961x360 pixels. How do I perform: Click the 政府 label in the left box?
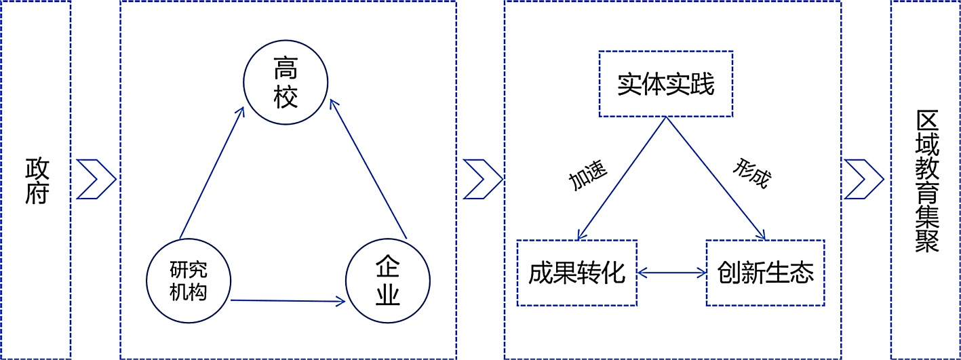37,180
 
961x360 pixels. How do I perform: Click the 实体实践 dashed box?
665,84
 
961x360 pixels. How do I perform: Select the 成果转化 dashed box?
576,273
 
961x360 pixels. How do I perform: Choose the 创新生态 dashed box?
765,273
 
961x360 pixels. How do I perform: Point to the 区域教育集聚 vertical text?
926,180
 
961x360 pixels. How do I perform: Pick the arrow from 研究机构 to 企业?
288,301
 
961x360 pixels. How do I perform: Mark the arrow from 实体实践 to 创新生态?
715,178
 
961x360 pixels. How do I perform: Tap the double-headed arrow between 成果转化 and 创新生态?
671,273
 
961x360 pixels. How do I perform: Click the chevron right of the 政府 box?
96,180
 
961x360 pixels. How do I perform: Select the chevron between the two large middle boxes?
482,180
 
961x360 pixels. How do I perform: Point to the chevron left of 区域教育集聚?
864,180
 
